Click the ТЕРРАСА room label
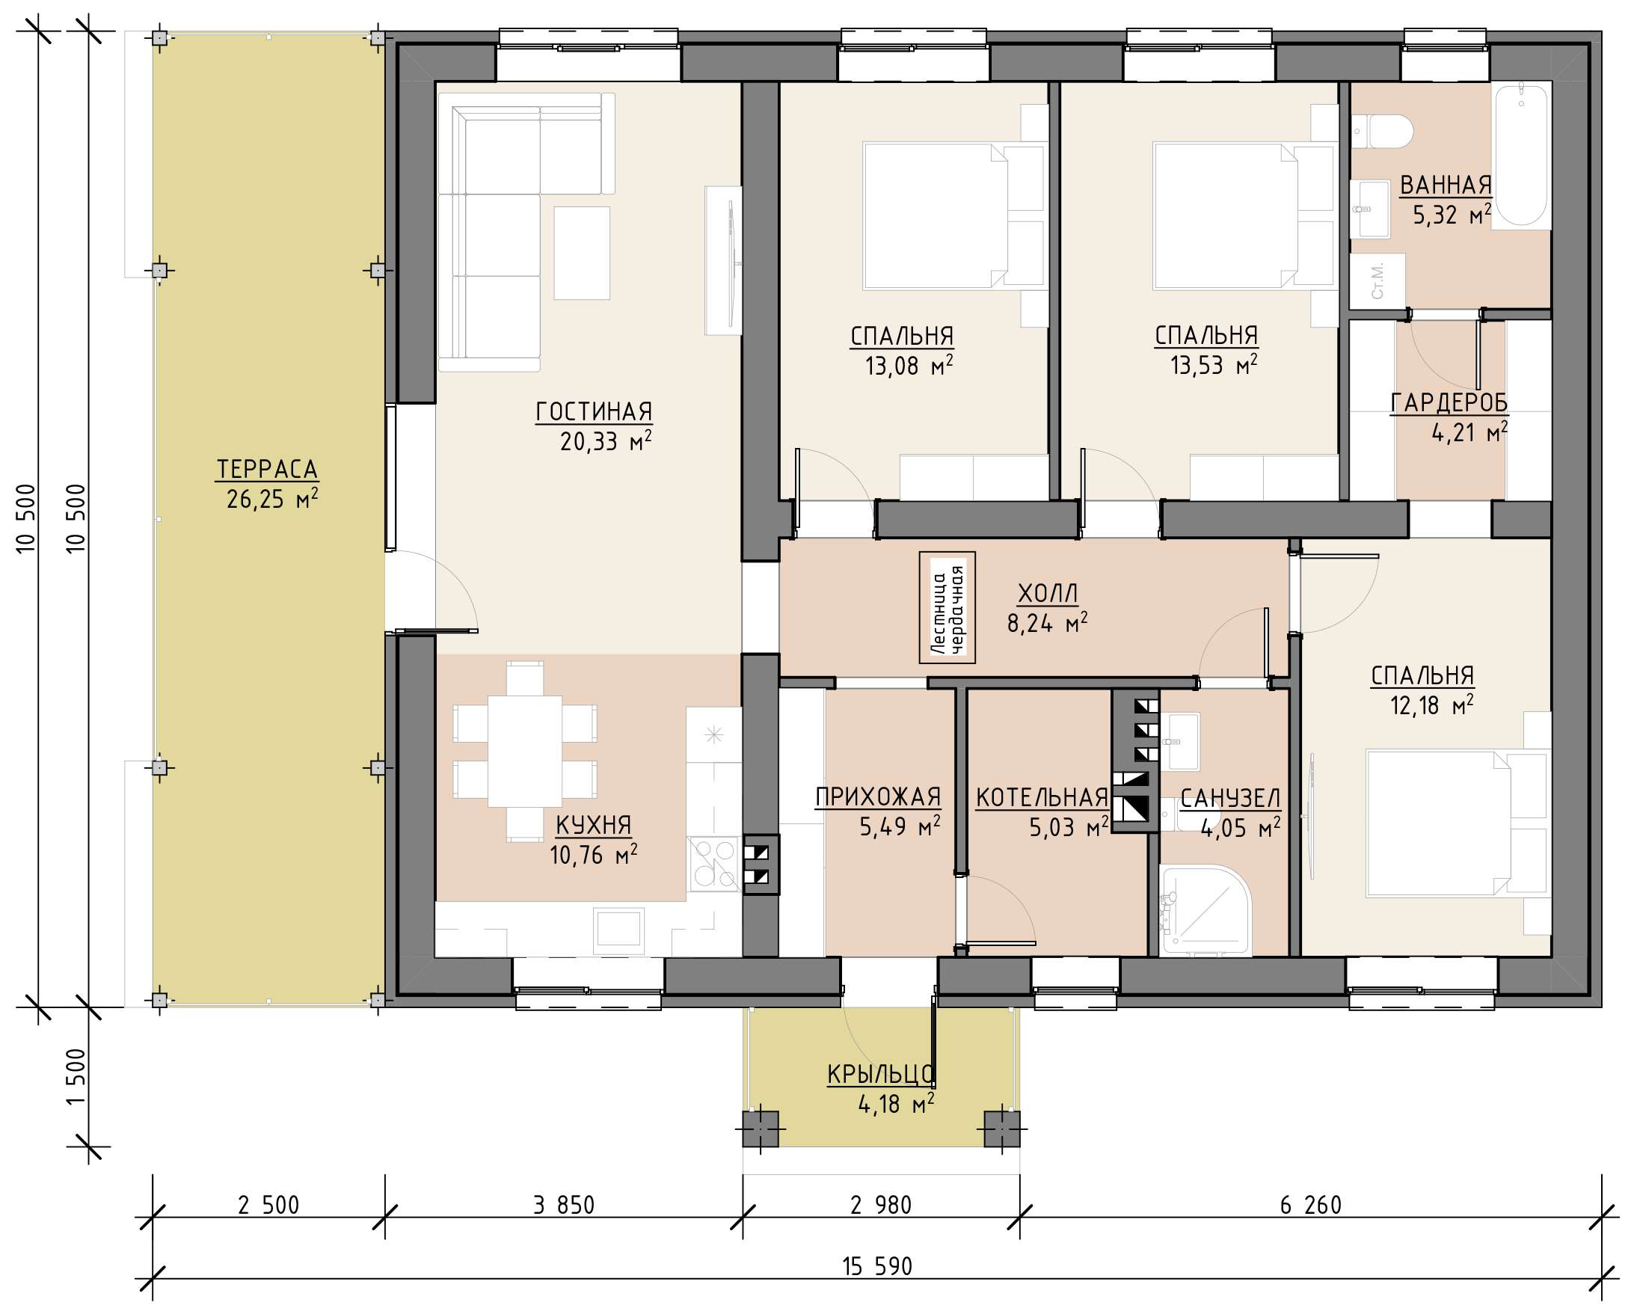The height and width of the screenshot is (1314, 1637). click(x=267, y=469)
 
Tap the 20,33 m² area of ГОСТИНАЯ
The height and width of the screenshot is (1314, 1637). click(x=606, y=441)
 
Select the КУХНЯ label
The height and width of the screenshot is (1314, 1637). click(x=594, y=825)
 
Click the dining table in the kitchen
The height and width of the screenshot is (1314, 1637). click(x=525, y=752)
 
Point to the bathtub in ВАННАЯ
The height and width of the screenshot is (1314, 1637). click(x=1522, y=155)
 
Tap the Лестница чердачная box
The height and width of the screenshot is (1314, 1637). click(x=947, y=607)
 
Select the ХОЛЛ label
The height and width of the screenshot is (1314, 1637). click(x=1048, y=594)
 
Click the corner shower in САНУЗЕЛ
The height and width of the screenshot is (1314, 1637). click(x=1205, y=909)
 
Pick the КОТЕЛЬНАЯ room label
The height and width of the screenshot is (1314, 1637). click(x=1042, y=798)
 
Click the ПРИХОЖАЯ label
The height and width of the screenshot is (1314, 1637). click(x=879, y=797)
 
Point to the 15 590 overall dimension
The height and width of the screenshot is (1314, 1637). click(x=877, y=1266)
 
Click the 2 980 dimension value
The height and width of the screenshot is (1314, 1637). click(x=881, y=1205)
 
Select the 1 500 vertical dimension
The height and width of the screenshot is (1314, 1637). click(x=76, y=1077)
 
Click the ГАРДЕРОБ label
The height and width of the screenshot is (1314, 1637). click(x=1449, y=403)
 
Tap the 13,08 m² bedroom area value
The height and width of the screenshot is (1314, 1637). click(x=909, y=366)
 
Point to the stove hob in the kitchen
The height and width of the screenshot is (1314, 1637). click(x=713, y=864)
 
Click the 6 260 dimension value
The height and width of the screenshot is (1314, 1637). click(x=1311, y=1205)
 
